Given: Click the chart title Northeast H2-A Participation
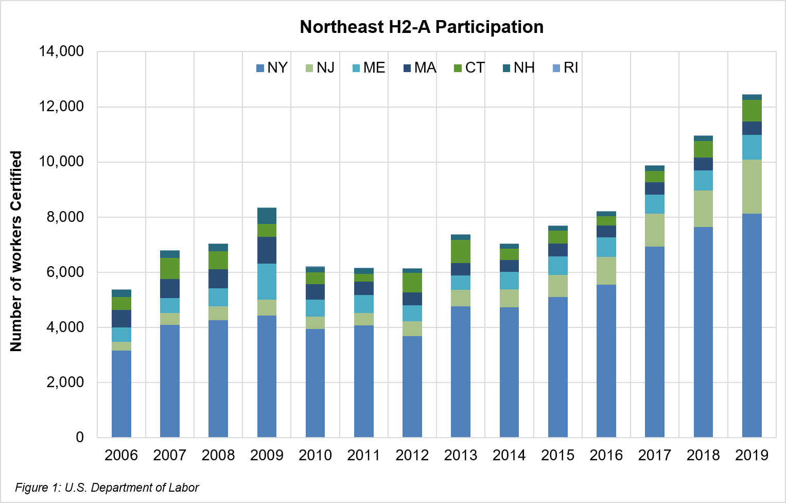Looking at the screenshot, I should (x=422, y=27).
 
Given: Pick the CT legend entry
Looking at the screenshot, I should (x=469, y=68).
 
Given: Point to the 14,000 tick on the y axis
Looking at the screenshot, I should (x=61, y=51).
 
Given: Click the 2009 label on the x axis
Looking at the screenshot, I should (x=267, y=455).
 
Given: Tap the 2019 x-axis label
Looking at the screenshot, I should (x=752, y=455).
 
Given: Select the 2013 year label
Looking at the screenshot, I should (x=461, y=455).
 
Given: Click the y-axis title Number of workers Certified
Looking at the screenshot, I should (x=16, y=251).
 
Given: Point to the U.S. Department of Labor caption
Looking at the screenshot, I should (x=107, y=488).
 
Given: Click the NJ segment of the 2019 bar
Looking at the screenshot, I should (x=752, y=186).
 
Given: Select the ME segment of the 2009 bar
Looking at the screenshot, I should (x=267, y=281).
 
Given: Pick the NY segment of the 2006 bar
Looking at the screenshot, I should (x=121, y=394).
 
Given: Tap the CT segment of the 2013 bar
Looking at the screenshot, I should (x=461, y=251).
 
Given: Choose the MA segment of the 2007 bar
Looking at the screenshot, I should (x=170, y=288).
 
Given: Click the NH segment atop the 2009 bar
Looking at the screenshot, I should (x=267, y=216).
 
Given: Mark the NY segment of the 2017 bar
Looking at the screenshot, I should (x=655, y=342).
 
